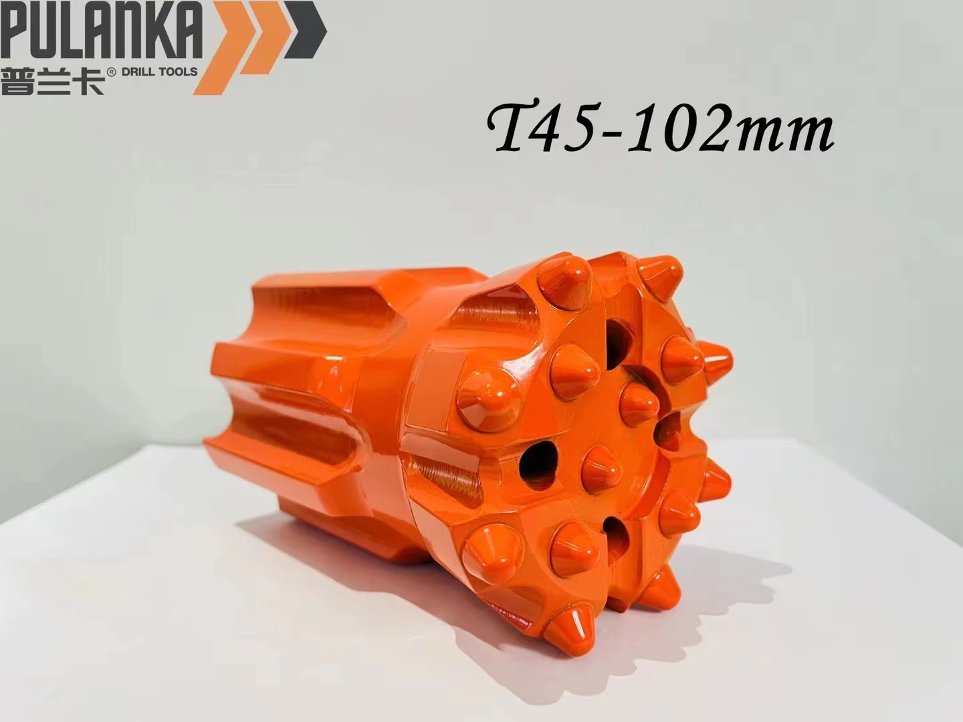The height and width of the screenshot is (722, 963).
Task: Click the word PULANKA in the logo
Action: [100, 30]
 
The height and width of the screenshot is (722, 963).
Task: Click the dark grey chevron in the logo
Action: [304, 30]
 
